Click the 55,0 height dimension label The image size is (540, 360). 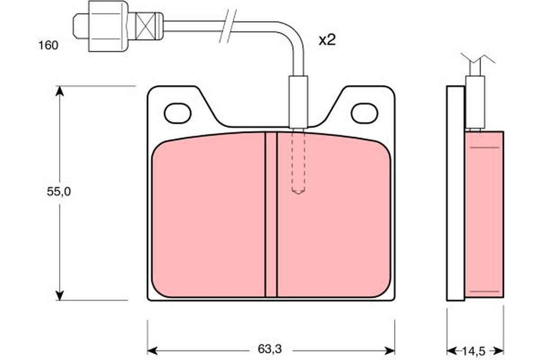[59, 192]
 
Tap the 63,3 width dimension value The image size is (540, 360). [269, 349]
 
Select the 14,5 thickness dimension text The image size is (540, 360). [474, 351]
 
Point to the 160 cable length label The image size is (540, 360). [48, 45]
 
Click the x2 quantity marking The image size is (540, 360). [327, 40]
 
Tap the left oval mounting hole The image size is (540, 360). [178, 113]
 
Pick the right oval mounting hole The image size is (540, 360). [364, 113]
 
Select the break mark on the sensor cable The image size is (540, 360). [228, 26]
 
